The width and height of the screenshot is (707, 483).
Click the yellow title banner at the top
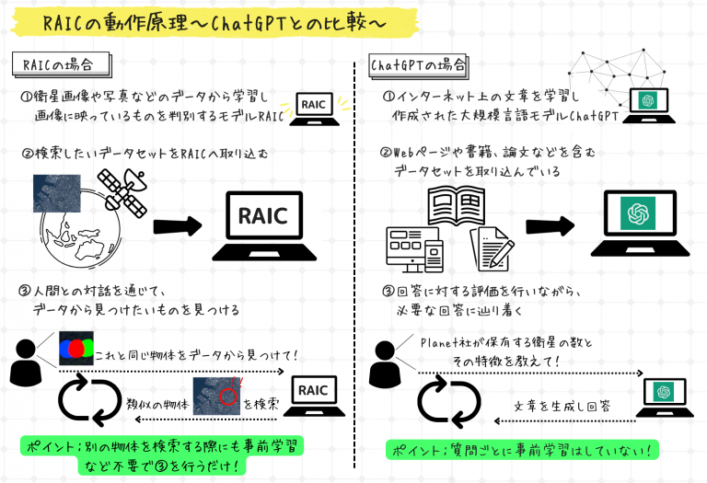[214, 22]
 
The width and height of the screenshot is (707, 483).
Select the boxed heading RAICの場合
[62, 64]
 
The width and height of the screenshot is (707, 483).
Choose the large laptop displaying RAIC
[264, 226]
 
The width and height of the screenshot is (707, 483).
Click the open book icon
[457, 206]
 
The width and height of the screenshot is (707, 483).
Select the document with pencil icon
[493, 248]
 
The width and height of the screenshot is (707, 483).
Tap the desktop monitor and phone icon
[415, 249]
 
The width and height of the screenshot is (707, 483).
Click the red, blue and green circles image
[76, 349]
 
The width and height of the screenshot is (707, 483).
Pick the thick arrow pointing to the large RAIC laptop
[178, 226]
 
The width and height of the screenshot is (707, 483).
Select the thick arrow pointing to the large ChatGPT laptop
[551, 225]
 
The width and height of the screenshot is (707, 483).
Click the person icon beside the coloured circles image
[26, 362]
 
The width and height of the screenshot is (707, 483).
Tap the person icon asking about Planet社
[385, 364]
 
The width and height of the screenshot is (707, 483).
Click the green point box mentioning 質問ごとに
[522, 450]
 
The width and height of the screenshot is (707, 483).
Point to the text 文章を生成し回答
[562, 406]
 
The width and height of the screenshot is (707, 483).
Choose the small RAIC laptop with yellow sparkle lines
[315, 109]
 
